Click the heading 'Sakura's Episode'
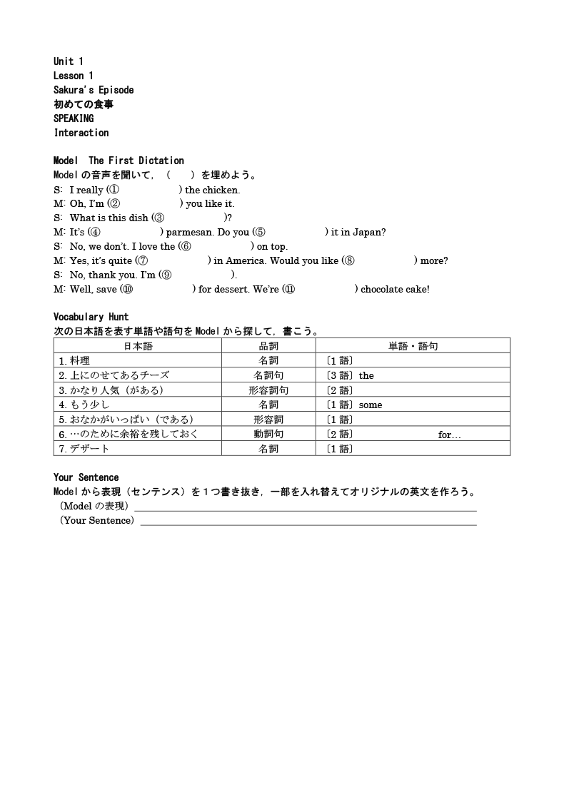94,90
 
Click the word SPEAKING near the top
74,118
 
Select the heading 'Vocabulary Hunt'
91,317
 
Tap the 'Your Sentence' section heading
86,477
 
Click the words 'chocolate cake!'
395,289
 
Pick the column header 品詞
268,346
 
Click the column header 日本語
138,346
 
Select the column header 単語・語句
413,346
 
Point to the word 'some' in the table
371,405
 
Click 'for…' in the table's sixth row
449,435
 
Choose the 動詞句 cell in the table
268,435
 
